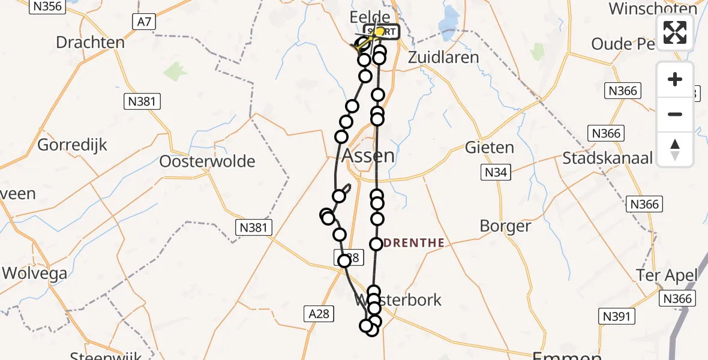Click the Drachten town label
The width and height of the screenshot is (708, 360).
[90, 43]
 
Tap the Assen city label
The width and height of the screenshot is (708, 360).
[368, 156]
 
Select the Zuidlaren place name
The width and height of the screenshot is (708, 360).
[443, 58]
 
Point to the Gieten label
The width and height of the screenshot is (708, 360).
[490, 148]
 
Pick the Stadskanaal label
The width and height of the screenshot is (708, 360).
[607, 158]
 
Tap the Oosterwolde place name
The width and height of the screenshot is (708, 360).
[208, 161]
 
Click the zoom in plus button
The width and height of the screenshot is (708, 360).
[675, 79]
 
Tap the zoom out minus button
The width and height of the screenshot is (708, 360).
[675, 114]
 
